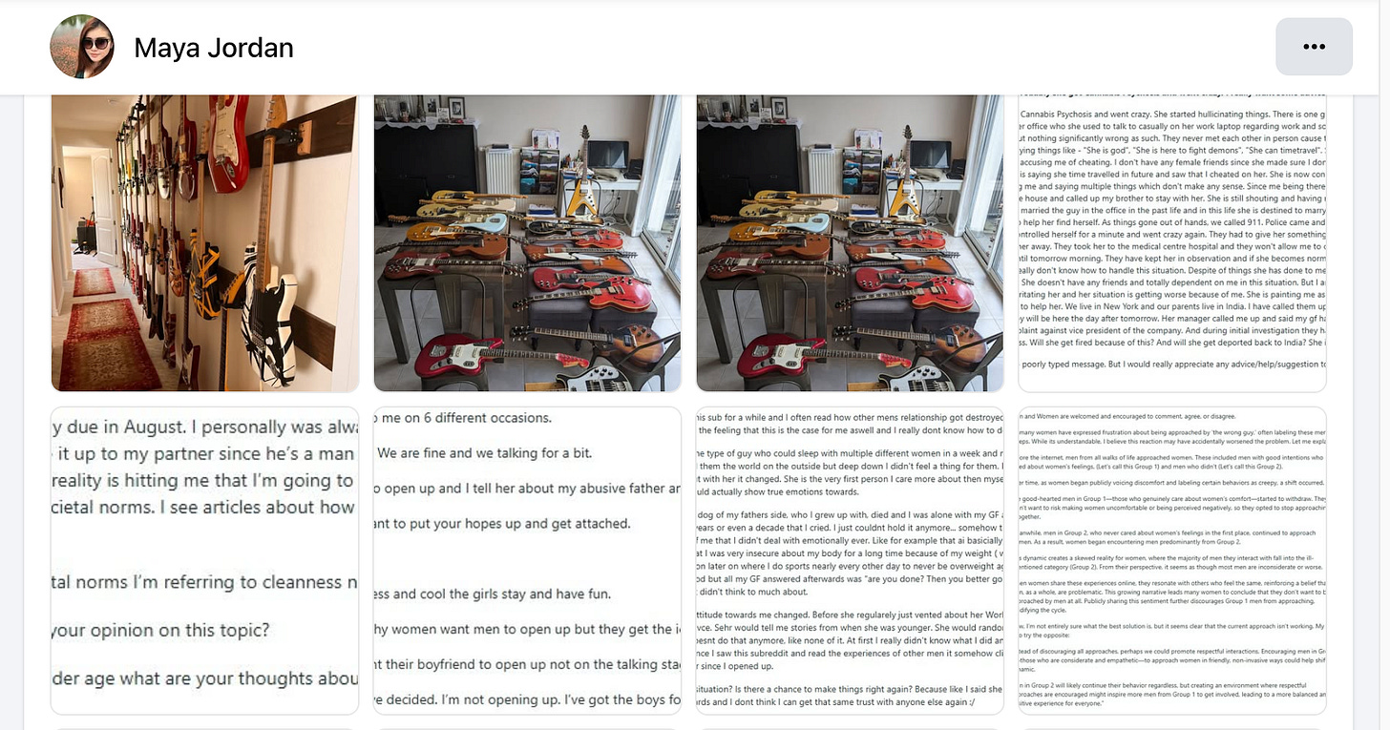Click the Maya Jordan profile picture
click(x=82, y=47)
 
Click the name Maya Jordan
click(x=213, y=48)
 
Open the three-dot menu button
click(x=1314, y=47)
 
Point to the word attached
click(x=588, y=523)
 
